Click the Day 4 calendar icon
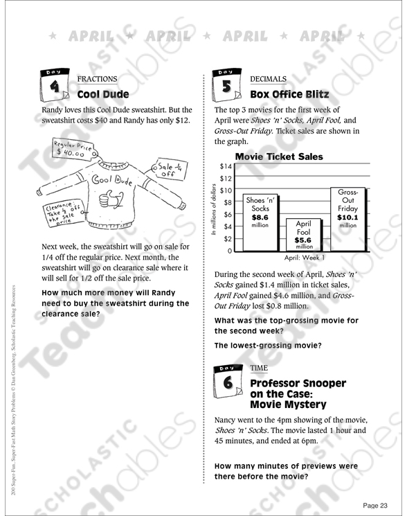click(x=55, y=84)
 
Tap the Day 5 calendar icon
click(x=226, y=84)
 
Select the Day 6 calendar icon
click(x=228, y=380)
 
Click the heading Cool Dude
click(x=103, y=94)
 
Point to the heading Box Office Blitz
click(x=289, y=94)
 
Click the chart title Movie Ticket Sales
click(x=279, y=157)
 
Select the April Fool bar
click(x=304, y=235)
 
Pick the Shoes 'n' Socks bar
click(x=260, y=223)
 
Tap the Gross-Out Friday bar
click(x=348, y=220)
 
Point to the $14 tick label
click(x=226, y=166)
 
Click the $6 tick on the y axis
click(x=228, y=214)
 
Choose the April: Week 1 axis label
click(x=305, y=258)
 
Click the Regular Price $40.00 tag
click(x=74, y=149)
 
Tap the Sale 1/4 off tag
click(x=170, y=169)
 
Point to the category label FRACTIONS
click(x=97, y=79)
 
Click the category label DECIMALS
click(x=269, y=79)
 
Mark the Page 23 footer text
click(x=375, y=505)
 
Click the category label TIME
click(x=259, y=368)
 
